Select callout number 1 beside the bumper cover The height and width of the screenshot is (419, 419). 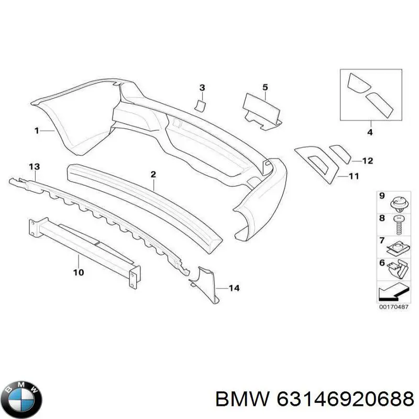point(37,130)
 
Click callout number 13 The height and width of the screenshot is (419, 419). point(35,167)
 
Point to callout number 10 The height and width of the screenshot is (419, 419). point(78,272)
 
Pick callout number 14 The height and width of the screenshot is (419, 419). point(234,288)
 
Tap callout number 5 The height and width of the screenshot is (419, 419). point(265,87)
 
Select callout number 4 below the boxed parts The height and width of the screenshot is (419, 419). point(370,132)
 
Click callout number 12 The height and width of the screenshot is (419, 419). point(367,161)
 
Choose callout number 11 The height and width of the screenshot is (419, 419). point(354,176)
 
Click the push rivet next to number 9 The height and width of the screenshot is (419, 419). point(399,204)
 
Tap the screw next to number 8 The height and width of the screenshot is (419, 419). point(399,225)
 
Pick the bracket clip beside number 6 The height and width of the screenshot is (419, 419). point(398,269)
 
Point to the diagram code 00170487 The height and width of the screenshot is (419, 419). point(394,307)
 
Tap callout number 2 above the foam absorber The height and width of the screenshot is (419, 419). point(153,174)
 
